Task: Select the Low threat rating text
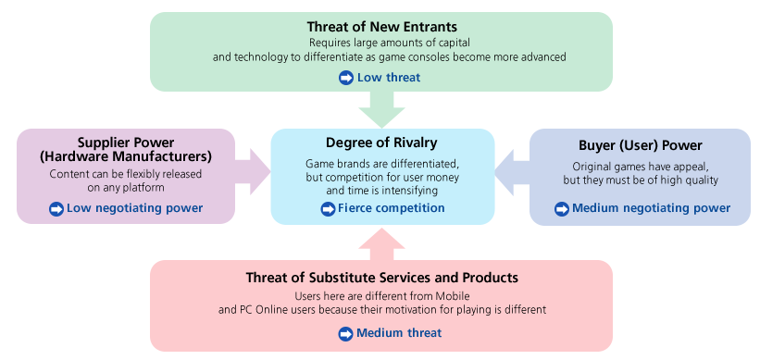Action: click(388, 78)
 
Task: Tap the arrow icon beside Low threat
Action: click(346, 78)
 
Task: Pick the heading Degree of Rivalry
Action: click(381, 143)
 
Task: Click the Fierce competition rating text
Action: click(391, 208)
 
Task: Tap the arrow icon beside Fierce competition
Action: click(328, 209)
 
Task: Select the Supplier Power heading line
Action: click(126, 142)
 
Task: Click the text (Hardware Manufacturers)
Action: click(126, 155)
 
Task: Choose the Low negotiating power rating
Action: click(134, 208)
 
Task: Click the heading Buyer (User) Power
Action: click(640, 145)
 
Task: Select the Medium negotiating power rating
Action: click(651, 208)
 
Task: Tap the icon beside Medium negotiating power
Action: click(561, 209)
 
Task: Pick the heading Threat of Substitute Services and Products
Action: click(381, 278)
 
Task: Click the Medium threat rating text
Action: click(399, 332)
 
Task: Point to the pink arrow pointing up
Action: click(381, 243)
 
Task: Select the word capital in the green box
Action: click(447, 43)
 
